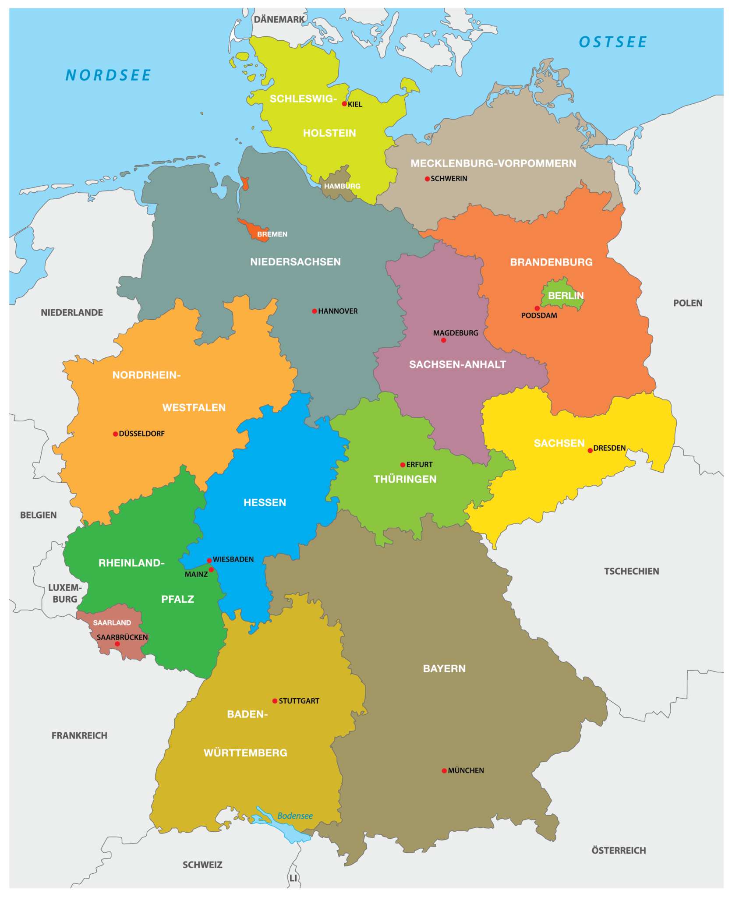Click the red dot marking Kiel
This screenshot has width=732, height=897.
pos(344,104)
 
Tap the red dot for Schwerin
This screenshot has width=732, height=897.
pos(427,179)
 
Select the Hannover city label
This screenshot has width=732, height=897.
pos(338,311)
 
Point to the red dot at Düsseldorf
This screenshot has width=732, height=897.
pos(115,434)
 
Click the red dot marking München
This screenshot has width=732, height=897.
pos(444,770)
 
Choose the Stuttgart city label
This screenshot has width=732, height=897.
pos(299,701)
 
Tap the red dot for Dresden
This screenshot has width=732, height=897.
pos(590,450)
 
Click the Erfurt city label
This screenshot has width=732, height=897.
pos(419,464)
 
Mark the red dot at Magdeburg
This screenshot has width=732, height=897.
pos(443,340)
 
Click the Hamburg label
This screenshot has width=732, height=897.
pos(342,186)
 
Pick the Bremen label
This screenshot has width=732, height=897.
pos(272,234)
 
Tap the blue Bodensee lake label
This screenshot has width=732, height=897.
pos(295,816)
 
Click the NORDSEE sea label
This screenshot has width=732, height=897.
pos(108,75)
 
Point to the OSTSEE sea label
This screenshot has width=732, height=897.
pos(612,42)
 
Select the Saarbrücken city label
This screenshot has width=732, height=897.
pos(122,637)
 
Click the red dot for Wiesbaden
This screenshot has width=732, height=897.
pos(209,561)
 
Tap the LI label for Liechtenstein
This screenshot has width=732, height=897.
pos(293,878)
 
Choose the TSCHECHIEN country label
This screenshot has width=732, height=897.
pos(631,571)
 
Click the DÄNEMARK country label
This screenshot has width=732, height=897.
pos(279,19)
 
